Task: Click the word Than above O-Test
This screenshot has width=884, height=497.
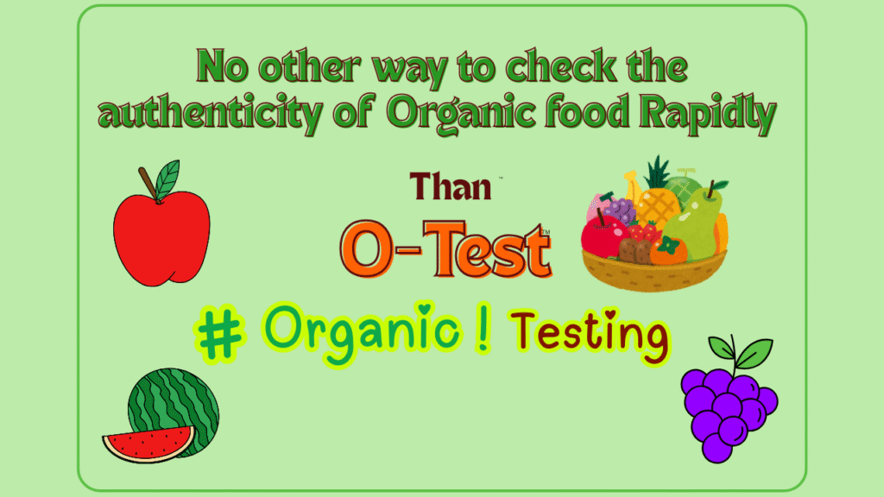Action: (451, 186)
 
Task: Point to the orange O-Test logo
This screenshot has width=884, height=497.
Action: (445, 248)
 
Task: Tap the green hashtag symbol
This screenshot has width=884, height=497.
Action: (220, 336)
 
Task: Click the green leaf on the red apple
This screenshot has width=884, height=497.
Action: (167, 179)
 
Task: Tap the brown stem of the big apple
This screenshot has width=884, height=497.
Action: (148, 183)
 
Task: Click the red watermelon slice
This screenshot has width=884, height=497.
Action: (148, 444)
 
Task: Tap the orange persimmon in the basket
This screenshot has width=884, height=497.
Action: (669, 251)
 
